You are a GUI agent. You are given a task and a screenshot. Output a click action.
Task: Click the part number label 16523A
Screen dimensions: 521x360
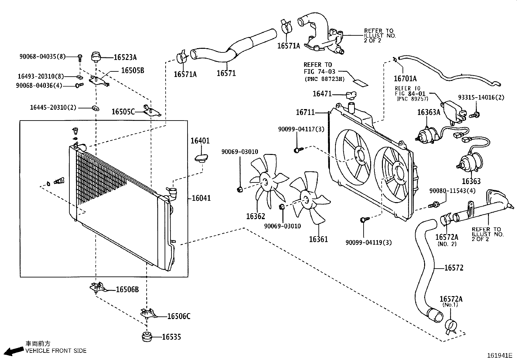[x=125, y=57]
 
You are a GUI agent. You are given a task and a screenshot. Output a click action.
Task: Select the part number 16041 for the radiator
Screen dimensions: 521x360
[x=201, y=198]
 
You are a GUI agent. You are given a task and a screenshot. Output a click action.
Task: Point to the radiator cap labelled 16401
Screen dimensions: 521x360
[x=201, y=158]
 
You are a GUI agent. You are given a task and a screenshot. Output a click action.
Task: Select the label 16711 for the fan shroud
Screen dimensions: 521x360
[x=305, y=112]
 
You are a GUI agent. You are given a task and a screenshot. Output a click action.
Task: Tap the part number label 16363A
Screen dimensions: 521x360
[x=429, y=112]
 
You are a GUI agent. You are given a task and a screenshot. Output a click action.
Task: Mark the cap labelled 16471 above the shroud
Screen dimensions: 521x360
[x=351, y=95]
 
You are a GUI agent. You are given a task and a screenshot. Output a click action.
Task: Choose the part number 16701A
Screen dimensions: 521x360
[x=405, y=79]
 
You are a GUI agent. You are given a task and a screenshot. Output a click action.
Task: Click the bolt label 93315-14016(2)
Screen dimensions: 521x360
[x=481, y=97]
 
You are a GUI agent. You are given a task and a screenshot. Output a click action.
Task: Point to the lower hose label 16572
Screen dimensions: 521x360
[x=454, y=268]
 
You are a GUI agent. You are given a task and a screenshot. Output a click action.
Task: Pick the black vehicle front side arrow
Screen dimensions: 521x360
[x=14, y=351]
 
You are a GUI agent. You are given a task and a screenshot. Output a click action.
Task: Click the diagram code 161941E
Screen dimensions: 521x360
[x=500, y=355]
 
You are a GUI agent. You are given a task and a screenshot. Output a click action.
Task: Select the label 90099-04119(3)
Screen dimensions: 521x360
[x=368, y=243]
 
